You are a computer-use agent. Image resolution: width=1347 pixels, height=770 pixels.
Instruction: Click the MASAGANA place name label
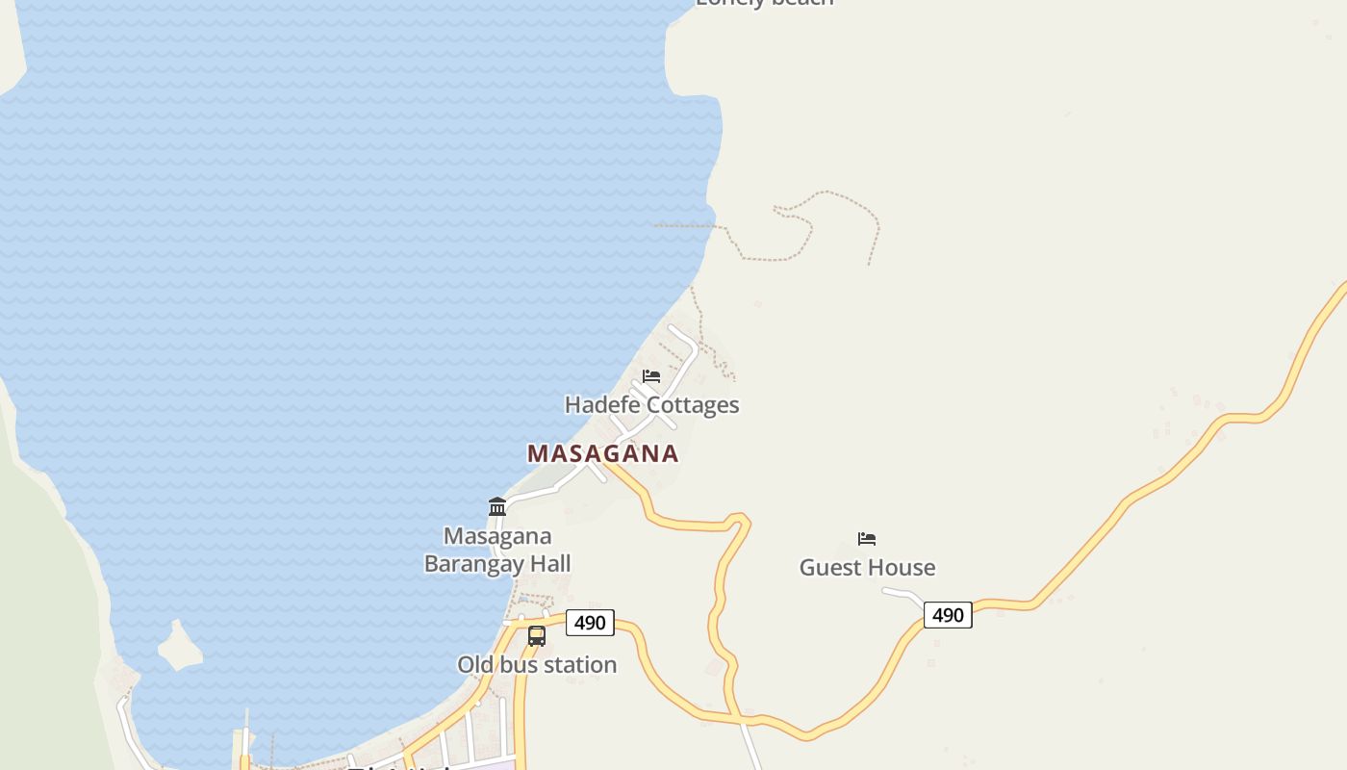(x=602, y=453)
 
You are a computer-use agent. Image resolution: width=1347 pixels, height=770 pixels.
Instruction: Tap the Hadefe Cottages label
(x=651, y=405)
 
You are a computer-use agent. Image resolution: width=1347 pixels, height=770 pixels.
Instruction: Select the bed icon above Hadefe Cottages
(x=651, y=376)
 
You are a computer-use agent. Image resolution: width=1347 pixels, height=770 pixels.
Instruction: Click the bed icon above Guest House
(x=867, y=539)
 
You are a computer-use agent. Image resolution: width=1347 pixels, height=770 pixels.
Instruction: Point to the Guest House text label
(x=867, y=568)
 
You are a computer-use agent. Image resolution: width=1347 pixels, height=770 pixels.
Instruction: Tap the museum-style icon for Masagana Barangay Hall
(x=497, y=506)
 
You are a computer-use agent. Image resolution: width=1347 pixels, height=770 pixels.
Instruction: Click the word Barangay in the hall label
(x=496, y=564)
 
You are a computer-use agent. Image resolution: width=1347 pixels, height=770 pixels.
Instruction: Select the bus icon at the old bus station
(x=537, y=636)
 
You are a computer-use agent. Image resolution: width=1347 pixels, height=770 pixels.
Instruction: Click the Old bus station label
(x=537, y=665)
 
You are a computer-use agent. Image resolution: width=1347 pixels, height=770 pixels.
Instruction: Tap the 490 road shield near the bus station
(x=590, y=623)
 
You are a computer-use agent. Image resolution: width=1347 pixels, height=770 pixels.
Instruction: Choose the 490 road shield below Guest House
(x=948, y=615)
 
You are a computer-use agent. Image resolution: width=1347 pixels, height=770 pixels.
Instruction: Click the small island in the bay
(x=179, y=647)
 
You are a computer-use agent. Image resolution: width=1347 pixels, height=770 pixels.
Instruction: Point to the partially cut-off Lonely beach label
(x=764, y=3)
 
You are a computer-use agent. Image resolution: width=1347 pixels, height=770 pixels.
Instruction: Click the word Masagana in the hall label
(x=497, y=536)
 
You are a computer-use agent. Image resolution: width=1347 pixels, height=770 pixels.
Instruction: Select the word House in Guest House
(x=904, y=568)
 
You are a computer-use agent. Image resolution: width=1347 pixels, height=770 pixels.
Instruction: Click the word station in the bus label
(x=582, y=665)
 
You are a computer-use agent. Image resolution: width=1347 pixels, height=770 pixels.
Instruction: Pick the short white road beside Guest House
(x=902, y=594)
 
